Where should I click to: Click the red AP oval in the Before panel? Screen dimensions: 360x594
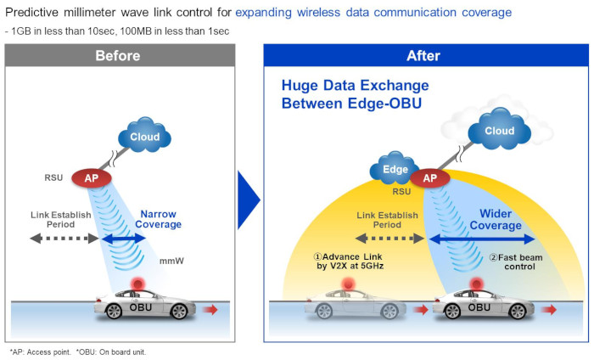pyautogui.click(x=90, y=178)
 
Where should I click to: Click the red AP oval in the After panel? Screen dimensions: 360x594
pyautogui.click(x=429, y=178)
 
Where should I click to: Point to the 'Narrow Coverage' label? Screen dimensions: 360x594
pyautogui.click(x=160, y=219)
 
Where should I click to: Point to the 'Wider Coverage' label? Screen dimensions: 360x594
pyautogui.click(x=502, y=220)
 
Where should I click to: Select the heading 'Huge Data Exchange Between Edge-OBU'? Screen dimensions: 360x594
pyautogui.click(x=355, y=94)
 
